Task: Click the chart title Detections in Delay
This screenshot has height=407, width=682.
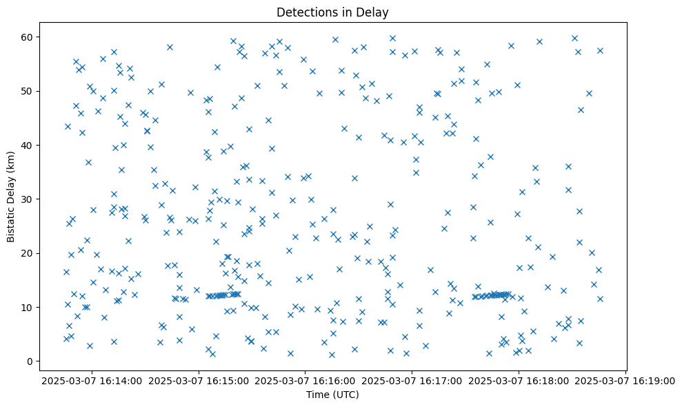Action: [x=332, y=12]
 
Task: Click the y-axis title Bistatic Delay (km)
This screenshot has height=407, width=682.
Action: [x=12, y=196]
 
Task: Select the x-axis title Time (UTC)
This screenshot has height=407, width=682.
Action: [x=332, y=395]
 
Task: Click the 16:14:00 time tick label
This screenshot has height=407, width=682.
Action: [x=92, y=380]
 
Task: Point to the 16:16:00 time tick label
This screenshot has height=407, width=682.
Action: [x=305, y=380]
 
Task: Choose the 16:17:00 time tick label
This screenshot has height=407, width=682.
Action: [x=412, y=380]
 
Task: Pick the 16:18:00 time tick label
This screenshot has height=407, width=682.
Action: [x=519, y=380]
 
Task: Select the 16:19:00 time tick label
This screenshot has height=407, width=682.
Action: [x=625, y=380]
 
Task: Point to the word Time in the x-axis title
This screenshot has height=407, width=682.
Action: [x=317, y=395]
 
